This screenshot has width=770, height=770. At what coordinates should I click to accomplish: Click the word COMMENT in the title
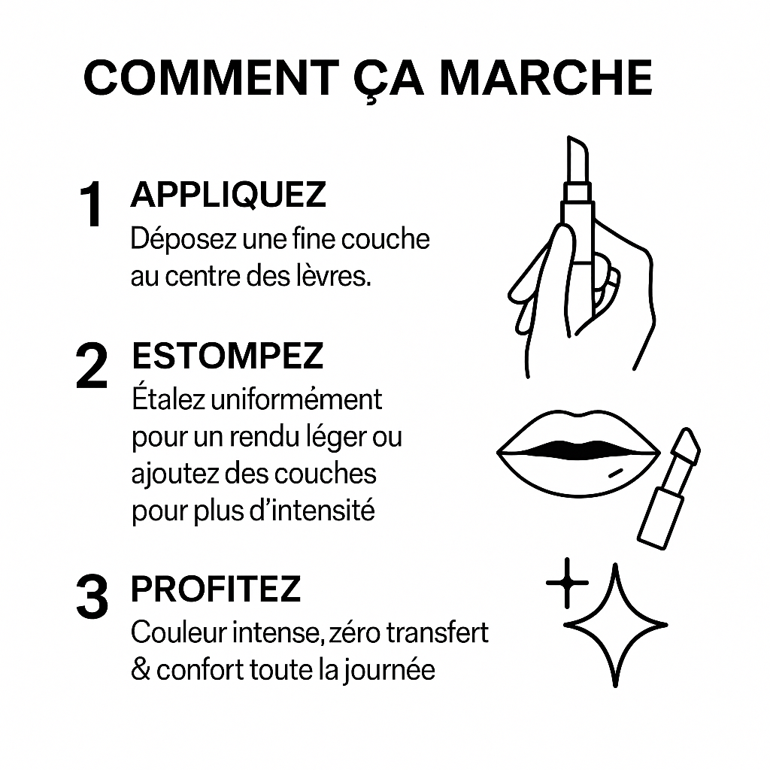click(211, 77)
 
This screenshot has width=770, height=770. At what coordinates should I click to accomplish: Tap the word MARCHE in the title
click(546, 77)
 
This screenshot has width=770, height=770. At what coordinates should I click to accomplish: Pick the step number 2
click(92, 366)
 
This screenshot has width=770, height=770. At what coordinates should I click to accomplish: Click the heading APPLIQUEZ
click(229, 195)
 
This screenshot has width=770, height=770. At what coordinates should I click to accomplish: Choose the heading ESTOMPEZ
click(228, 356)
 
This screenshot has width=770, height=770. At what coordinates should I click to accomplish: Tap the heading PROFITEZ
click(216, 589)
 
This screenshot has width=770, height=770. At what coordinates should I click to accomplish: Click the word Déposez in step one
click(183, 239)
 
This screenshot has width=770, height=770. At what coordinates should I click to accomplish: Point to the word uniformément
click(296, 400)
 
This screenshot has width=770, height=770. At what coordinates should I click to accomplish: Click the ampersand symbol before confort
click(141, 670)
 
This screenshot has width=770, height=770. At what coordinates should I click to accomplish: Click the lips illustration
click(578, 452)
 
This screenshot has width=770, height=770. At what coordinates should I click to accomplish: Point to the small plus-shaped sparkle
click(567, 583)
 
